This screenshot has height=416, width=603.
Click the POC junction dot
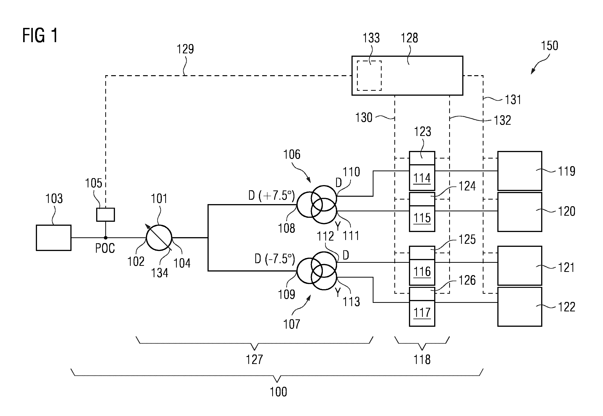[106, 238]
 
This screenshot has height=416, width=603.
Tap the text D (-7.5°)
[275, 259]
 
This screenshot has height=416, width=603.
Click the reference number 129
[185, 49]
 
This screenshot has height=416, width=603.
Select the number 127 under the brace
[254, 359]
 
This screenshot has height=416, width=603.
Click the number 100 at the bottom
[278, 392]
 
